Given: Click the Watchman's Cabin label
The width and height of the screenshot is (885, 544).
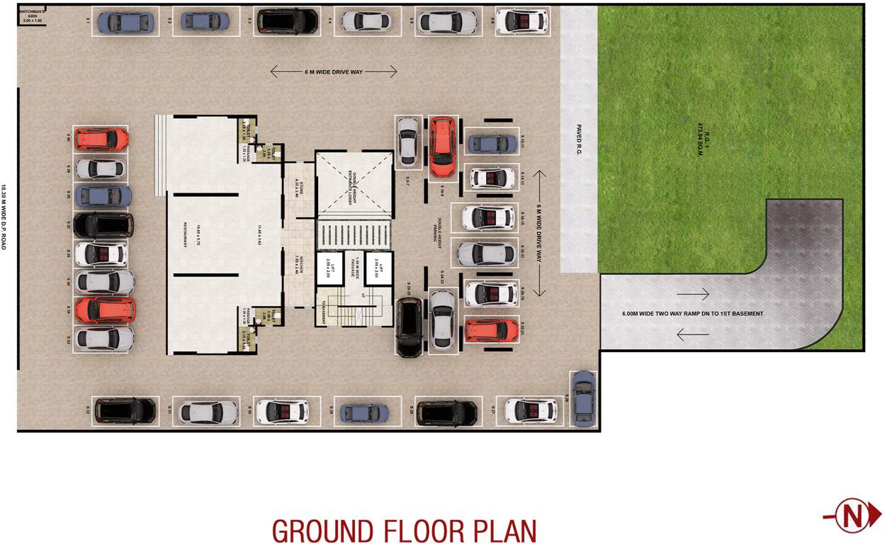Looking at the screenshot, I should (x=32, y=16).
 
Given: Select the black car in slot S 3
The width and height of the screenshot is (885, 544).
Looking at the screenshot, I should (x=286, y=21).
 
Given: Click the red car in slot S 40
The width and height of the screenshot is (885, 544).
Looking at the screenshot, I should (x=101, y=139).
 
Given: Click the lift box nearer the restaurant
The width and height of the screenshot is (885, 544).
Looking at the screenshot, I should (x=329, y=269).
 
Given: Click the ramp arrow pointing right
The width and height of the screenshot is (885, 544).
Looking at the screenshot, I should (x=692, y=293).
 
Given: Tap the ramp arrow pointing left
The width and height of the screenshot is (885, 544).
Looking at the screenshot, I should (x=692, y=334).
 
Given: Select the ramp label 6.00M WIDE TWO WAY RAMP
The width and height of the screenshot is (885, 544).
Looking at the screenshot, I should (x=692, y=314).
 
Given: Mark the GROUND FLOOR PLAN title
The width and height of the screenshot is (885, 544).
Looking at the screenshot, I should (x=404, y=531).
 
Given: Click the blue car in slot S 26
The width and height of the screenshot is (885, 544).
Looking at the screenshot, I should (x=583, y=398).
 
